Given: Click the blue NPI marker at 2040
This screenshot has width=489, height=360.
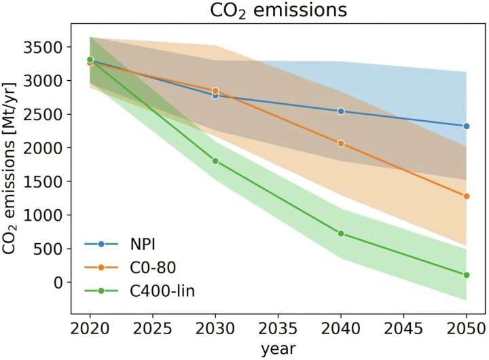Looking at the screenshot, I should coord(341,111).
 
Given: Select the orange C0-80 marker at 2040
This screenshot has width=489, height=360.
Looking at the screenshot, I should coord(341,143).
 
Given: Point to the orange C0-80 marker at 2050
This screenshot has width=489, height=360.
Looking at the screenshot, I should coord(467,196).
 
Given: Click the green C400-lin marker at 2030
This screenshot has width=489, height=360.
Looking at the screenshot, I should coord(215,161).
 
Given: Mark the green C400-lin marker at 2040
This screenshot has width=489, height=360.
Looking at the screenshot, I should coord(341,234).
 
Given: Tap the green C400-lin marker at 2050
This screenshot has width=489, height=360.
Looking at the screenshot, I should coord(467,275).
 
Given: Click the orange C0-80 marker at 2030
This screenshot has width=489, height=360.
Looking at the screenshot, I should coord(215,90).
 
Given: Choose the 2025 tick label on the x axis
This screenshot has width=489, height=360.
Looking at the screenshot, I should coord(153,327).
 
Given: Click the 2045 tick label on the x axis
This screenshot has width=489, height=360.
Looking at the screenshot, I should coord(403,327).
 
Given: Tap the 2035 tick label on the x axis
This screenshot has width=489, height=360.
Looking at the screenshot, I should coord(278,327).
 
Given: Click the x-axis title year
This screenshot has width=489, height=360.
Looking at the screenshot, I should coord(278,349).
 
